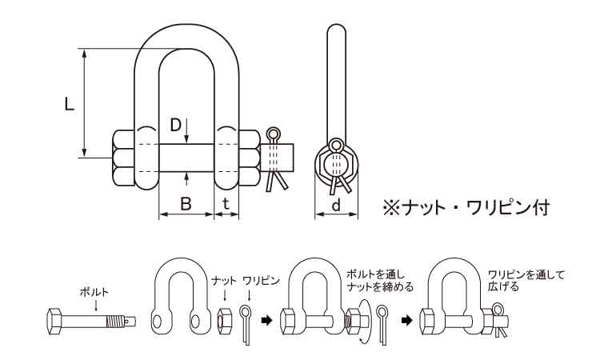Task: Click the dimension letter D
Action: click(x=175, y=125)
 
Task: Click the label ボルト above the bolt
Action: click(x=94, y=292)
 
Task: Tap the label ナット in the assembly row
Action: click(x=223, y=281)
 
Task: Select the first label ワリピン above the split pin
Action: click(x=260, y=281)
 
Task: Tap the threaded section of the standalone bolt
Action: click(x=118, y=322)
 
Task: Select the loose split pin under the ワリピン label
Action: click(x=249, y=323)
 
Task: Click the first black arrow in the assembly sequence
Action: click(x=267, y=321)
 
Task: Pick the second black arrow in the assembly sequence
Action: click(x=408, y=321)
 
